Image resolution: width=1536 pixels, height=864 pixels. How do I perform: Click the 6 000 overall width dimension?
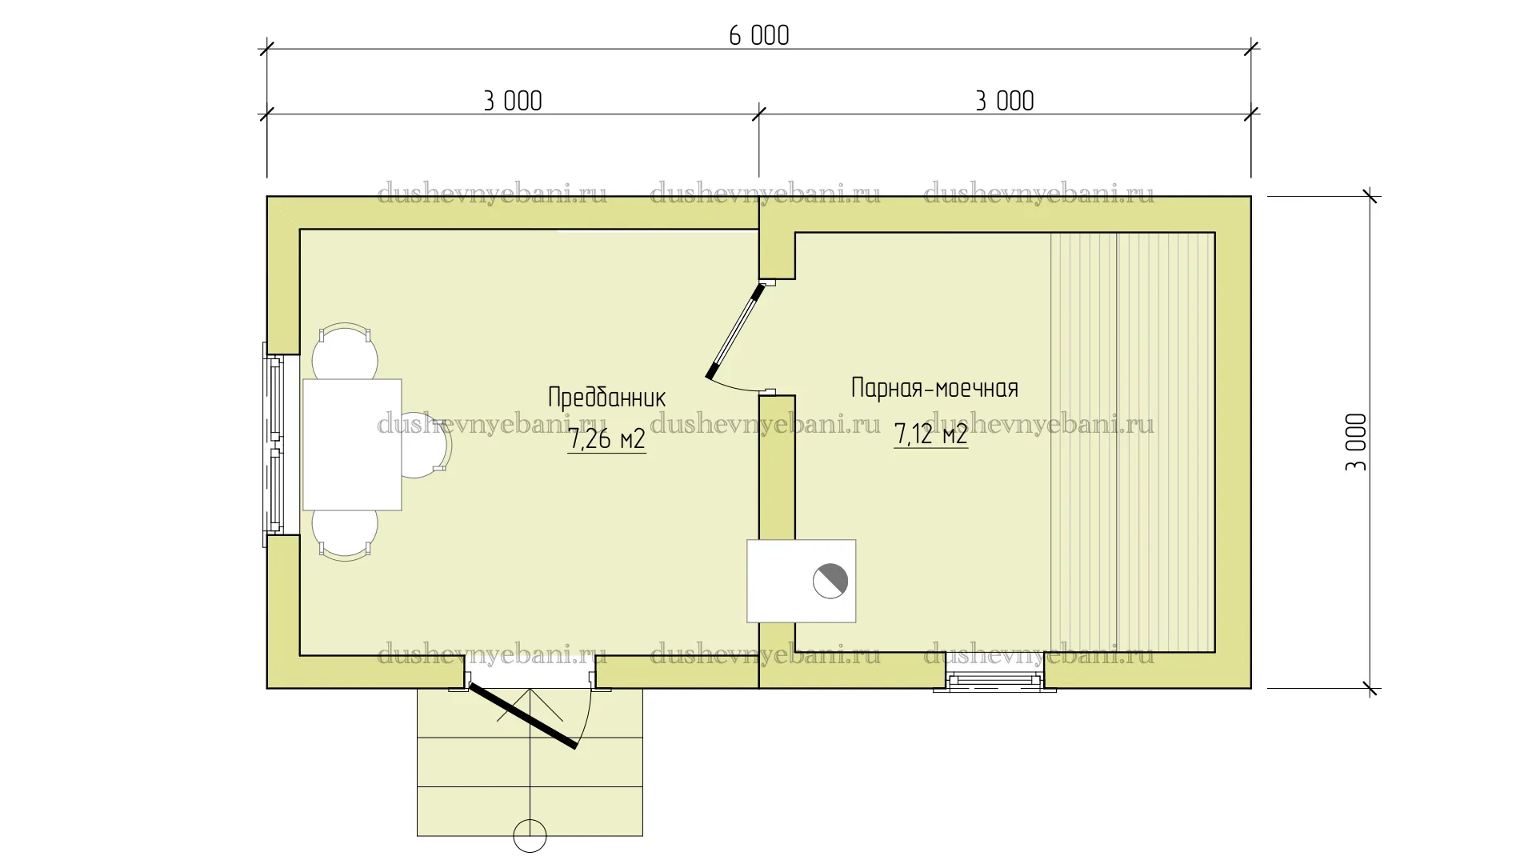coord(758,36)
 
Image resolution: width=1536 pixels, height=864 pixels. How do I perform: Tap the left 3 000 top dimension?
coord(513,101)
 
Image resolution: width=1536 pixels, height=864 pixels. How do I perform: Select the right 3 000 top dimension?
coord(1005,101)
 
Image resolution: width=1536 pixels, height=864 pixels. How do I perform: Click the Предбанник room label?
coord(606,397)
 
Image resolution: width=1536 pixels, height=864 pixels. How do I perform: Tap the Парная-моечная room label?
coord(934,388)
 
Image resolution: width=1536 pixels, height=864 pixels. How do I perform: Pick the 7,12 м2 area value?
coord(931,434)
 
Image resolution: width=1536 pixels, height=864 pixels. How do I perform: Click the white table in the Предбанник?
coord(352,445)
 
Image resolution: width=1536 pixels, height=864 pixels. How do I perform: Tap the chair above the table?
coord(345,351)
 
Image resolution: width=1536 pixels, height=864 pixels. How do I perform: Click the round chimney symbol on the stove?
coord(830,581)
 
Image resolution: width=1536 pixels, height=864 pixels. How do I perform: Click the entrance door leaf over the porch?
coord(522,715)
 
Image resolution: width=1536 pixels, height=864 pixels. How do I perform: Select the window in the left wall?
coord(274,445)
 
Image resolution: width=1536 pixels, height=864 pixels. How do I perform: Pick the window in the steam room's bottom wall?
coord(995,681)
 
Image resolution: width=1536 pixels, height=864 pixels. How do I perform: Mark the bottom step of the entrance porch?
coord(530,811)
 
